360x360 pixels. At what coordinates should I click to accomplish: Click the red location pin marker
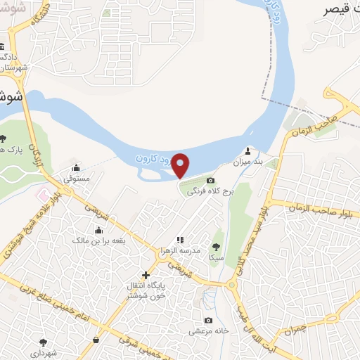coord(181,165)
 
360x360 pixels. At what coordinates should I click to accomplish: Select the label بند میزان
coord(247,162)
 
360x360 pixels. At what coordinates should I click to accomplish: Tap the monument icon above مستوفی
coord(76,168)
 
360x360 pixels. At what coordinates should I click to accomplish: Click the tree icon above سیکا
coord(216,246)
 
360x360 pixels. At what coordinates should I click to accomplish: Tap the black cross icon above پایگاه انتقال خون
coord(146,274)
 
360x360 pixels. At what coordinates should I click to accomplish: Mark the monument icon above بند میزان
coord(247,151)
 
